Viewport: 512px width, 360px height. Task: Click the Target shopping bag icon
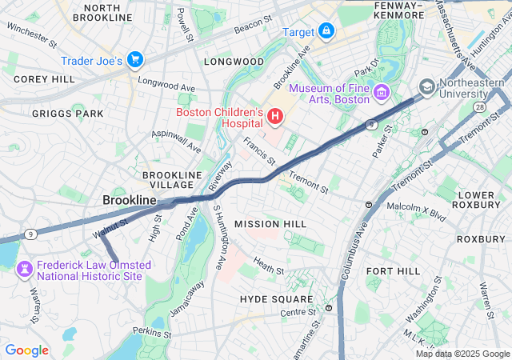(x=326, y=31)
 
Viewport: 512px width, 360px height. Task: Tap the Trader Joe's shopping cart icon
(x=134, y=60)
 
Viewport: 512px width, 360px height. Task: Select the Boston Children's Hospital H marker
(x=275, y=118)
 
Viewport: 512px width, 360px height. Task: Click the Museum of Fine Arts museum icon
(x=381, y=94)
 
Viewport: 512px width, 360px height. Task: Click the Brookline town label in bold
(x=129, y=199)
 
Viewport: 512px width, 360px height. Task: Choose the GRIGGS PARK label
(x=67, y=114)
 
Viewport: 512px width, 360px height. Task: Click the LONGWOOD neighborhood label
(x=234, y=62)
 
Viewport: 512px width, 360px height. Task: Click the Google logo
(x=26, y=350)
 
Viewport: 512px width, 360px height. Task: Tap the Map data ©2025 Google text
(x=462, y=354)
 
